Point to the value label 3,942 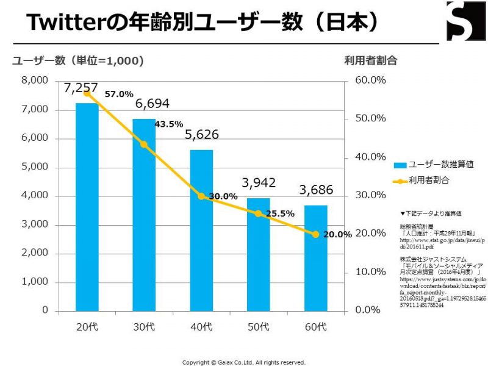[258, 182]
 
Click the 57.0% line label [118, 95]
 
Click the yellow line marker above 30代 [144, 145]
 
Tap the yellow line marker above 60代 [316, 234]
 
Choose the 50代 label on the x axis [258, 326]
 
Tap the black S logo [465, 21]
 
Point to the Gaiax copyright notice [244, 362]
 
